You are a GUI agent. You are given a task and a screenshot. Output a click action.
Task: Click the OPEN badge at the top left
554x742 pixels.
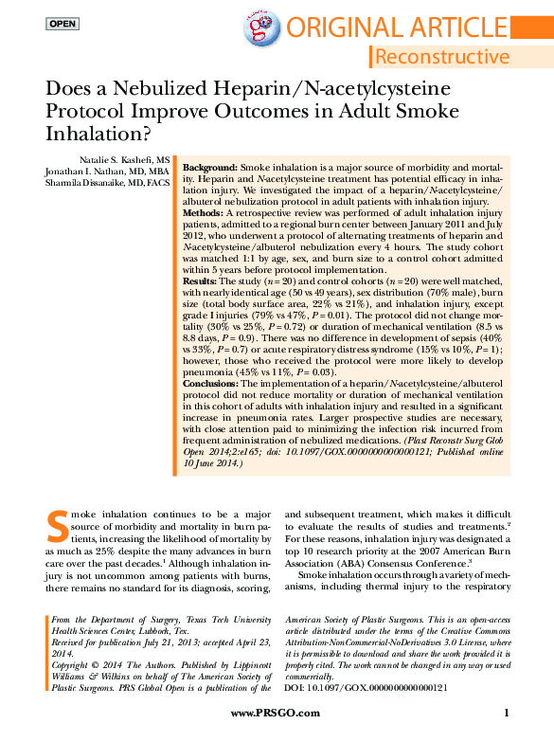click(x=63, y=23)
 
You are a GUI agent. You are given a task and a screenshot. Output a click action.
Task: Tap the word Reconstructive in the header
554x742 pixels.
click(x=441, y=57)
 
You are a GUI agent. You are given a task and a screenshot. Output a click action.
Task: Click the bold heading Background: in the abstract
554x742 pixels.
click(x=209, y=166)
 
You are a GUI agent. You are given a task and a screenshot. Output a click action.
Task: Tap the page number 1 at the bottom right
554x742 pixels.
click(x=507, y=713)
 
